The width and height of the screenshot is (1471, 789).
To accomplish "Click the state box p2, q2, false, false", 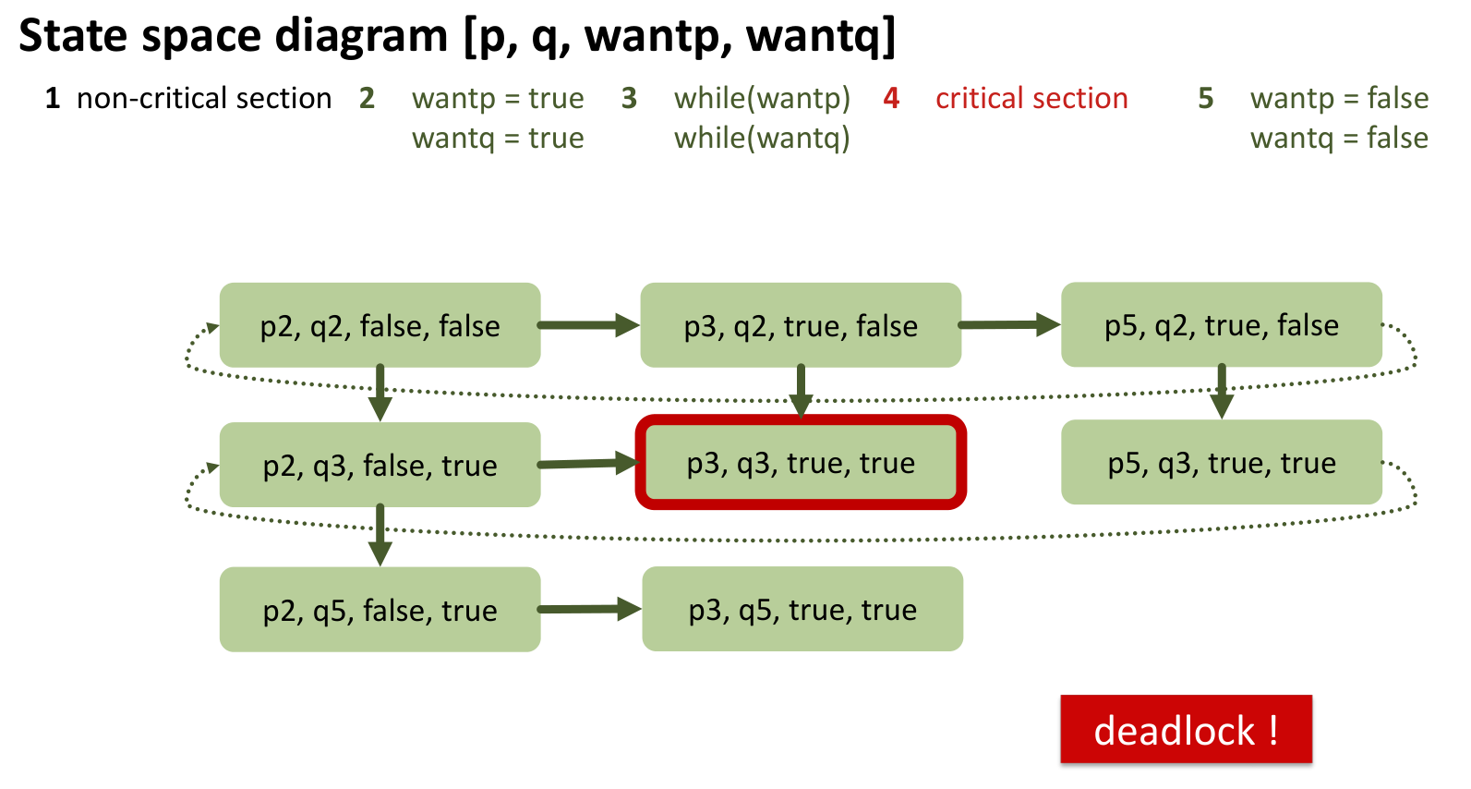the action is tap(380, 325).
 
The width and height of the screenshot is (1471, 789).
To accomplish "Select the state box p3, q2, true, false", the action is tap(801, 325).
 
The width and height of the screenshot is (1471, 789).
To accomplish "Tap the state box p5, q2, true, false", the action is tap(1222, 324).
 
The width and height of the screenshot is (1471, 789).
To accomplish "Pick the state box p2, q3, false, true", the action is tap(380, 465).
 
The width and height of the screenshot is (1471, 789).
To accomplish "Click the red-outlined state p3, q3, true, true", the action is tap(801, 463).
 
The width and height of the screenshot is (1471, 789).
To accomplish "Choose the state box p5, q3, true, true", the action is tap(1222, 462).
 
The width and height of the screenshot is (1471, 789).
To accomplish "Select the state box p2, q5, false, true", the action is tap(380, 610).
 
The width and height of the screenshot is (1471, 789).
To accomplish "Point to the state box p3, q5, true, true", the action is tap(802, 609).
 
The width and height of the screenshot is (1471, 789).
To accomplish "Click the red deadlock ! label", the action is tap(1186, 729).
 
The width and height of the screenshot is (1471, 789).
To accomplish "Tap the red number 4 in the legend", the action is tap(891, 99).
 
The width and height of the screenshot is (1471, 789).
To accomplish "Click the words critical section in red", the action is tap(1031, 99).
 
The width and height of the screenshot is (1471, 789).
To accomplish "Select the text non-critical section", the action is tap(204, 99).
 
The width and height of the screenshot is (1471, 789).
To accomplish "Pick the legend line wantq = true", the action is tap(498, 139).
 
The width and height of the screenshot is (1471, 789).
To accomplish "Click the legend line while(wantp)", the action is tap(762, 99).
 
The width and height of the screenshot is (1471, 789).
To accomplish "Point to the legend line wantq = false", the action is tap(1339, 139).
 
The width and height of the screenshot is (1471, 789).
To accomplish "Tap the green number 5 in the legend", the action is tap(1206, 99).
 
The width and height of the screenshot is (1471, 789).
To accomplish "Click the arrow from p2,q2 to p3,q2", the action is tap(588, 325).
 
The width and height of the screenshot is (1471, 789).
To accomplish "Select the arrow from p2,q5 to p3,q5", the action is tap(589, 609).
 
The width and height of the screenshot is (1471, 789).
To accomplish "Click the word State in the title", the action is tap(73, 35).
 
